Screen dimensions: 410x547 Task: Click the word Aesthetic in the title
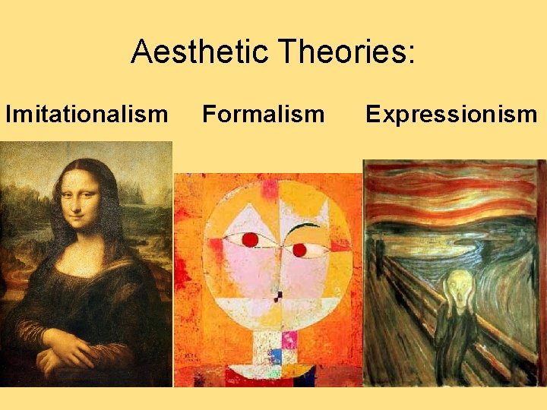[200, 52]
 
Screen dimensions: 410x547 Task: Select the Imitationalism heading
[87, 114]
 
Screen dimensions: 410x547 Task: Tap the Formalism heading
[263, 114]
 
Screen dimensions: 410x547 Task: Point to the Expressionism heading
[451, 114]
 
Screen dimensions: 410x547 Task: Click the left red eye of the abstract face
[250, 240]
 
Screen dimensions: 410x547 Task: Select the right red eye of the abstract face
[299, 249]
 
